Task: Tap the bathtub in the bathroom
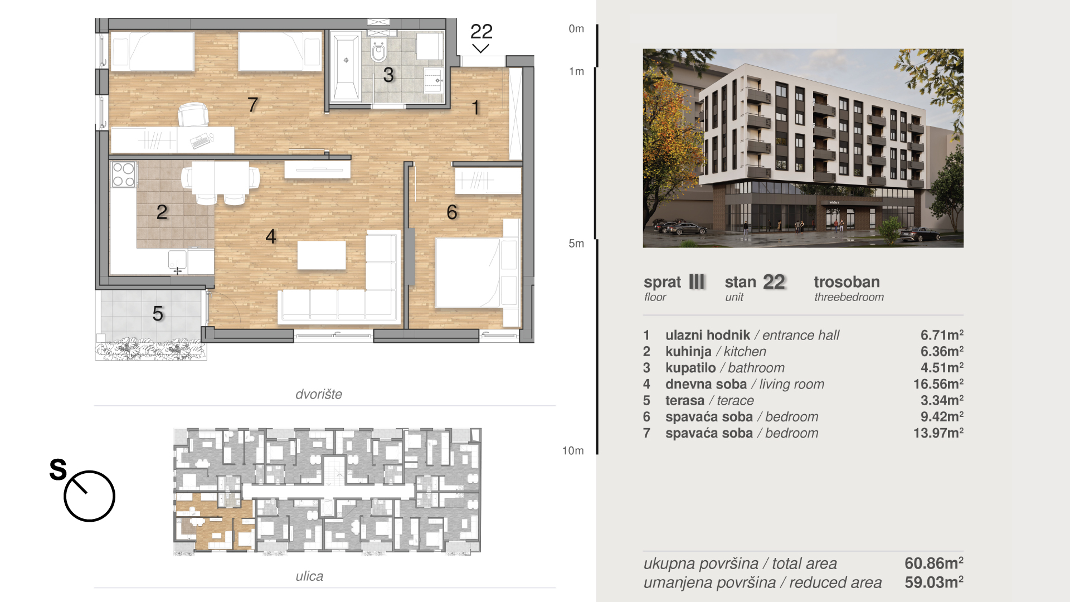tap(346, 68)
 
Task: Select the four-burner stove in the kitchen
tap(124, 174)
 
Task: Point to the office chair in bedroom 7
tap(193, 115)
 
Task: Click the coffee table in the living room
tap(322, 255)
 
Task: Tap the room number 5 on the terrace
tap(158, 313)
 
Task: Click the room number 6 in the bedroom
tap(452, 212)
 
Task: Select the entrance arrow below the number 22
tap(480, 48)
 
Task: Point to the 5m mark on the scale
tap(576, 244)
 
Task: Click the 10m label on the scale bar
tap(573, 450)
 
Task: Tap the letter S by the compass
tap(58, 469)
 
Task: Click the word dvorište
tap(319, 394)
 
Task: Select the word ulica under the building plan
tap(309, 576)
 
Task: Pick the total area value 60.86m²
tap(934, 563)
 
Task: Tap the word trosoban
tap(847, 282)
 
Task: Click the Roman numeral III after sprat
tap(697, 281)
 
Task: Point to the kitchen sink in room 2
tap(177, 259)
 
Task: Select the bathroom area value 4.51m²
tap(942, 368)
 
